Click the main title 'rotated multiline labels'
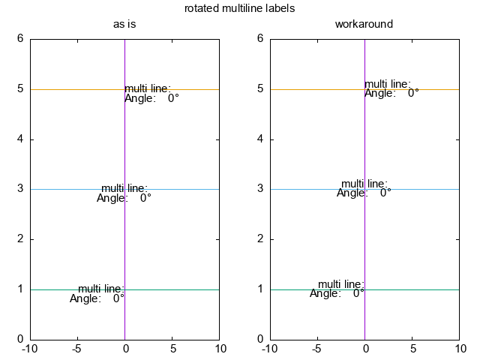click(239, 9)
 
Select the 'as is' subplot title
click(124, 24)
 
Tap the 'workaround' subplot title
click(364, 24)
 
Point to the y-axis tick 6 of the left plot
click(20, 39)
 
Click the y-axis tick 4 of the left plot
click(20, 139)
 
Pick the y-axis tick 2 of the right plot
click(260, 239)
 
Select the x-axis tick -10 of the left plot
click(30, 349)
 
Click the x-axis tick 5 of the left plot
click(172, 349)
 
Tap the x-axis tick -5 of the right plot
click(316, 349)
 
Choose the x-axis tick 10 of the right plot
click(458, 349)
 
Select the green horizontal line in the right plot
click(420, 289)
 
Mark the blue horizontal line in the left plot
click(60, 189)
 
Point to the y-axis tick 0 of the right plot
click(260, 339)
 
